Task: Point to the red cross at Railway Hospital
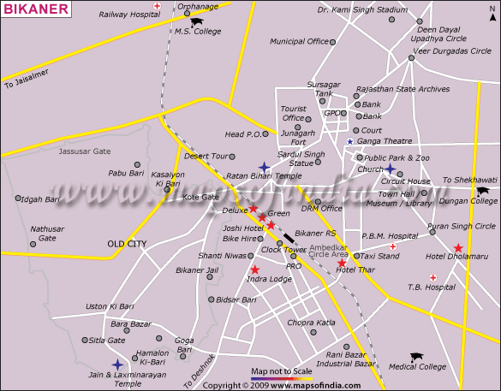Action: (x=157, y=5)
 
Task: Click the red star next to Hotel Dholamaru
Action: (x=458, y=247)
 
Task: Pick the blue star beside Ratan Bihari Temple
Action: (x=264, y=167)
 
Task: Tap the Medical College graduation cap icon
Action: (x=417, y=356)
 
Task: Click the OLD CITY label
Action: (x=127, y=244)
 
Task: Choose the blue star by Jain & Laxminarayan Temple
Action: (x=117, y=364)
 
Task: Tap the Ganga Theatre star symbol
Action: (x=349, y=141)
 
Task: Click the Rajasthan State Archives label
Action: (x=403, y=89)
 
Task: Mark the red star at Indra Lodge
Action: (x=254, y=270)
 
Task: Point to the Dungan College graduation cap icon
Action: (x=482, y=192)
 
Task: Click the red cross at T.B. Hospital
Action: (x=433, y=277)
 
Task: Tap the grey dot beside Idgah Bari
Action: (x=18, y=198)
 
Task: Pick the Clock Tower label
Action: (x=283, y=249)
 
